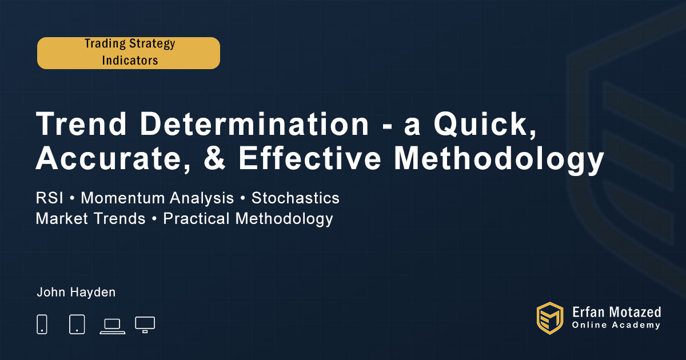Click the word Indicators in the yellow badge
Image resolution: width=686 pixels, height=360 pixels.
point(130,61)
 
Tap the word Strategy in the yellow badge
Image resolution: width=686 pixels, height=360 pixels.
point(152,44)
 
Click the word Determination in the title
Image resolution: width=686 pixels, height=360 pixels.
point(254,124)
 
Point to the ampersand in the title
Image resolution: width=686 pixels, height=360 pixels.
point(215,158)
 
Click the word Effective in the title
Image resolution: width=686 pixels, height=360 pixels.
point(310,158)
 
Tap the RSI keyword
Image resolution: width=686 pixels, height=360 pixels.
point(49,198)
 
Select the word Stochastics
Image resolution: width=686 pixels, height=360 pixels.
point(295,198)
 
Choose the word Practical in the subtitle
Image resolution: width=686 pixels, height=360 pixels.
point(196,218)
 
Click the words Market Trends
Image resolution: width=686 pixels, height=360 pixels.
point(90,218)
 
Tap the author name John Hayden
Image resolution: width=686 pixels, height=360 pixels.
point(76,293)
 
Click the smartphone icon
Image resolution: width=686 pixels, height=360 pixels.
point(42,324)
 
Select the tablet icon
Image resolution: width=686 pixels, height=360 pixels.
point(77,324)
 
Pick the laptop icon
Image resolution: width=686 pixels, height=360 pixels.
point(113,326)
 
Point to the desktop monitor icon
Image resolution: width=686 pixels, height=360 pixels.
point(145,325)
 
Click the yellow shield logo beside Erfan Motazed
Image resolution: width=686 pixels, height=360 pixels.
point(550,318)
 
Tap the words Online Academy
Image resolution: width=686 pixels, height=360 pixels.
point(616,325)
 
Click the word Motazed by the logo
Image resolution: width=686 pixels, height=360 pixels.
point(635,312)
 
